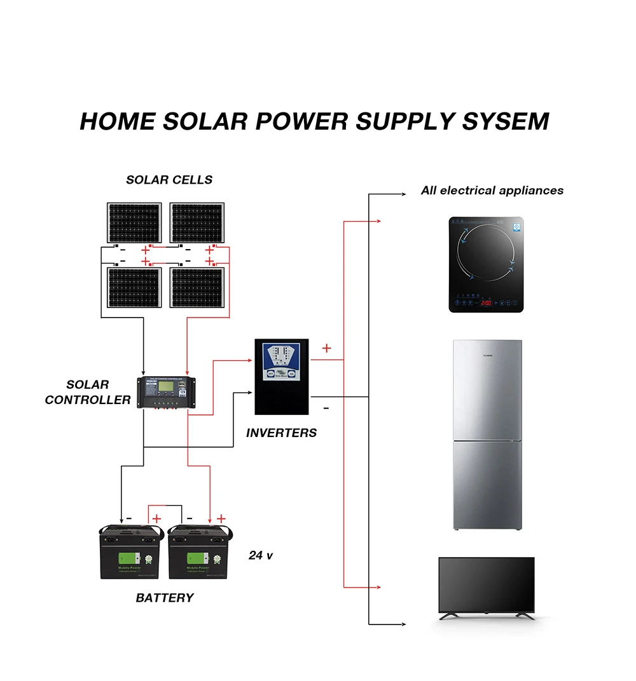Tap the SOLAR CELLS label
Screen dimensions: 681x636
click(x=169, y=180)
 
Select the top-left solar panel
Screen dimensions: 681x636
click(x=134, y=222)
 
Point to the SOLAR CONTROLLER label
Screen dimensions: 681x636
click(x=88, y=393)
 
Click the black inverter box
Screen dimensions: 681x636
click(x=282, y=377)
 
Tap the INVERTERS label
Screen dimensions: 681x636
click(x=281, y=433)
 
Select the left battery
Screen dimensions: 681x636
click(x=132, y=551)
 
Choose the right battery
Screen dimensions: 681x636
click(x=199, y=551)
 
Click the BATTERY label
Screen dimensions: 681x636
click(x=165, y=598)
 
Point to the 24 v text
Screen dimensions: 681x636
click(x=260, y=555)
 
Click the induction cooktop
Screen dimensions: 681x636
click(x=486, y=264)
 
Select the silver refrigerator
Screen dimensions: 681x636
click(x=487, y=435)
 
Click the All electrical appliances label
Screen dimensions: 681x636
click(x=492, y=191)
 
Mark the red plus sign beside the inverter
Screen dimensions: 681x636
click(x=327, y=348)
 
